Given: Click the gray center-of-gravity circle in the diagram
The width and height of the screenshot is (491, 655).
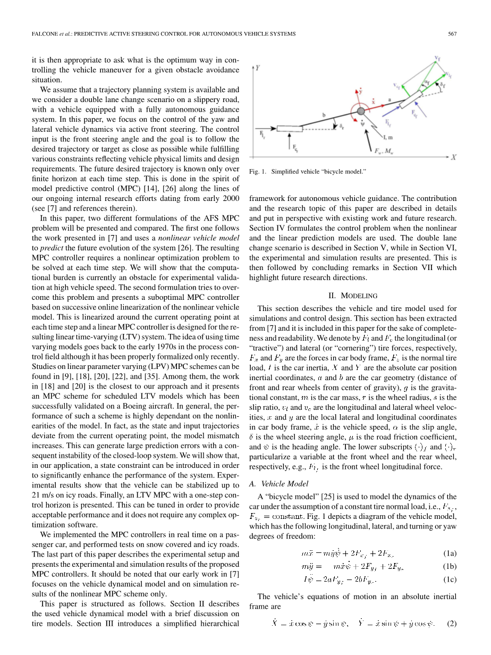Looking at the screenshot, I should [x=361, y=111].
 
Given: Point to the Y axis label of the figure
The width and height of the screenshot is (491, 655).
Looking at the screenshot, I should [x=258, y=68].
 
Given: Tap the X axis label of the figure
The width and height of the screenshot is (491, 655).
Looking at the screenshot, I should [x=454, y=158].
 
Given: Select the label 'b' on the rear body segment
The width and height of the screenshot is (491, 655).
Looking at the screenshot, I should [x=324, y=113].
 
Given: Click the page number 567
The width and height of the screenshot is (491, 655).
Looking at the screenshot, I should [x=452, y=34].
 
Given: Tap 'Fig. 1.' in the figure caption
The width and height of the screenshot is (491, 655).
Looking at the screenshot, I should [x=257, y=172].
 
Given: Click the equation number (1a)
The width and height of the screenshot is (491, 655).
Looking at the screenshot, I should [x=449, y=553].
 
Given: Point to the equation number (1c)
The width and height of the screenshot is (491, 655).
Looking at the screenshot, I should [x=449, y=579].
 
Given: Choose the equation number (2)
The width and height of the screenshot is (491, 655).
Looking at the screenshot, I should [x=452, y=623].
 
